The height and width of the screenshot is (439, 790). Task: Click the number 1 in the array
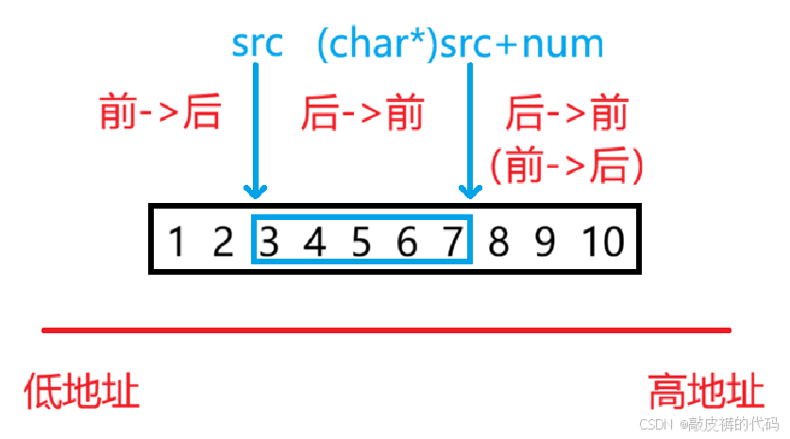coord(176,243)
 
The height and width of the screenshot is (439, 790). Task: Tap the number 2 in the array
coord(223,243)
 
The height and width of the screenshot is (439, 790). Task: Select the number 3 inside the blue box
coord(269,243)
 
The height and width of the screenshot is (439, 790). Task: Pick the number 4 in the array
coord(315,243)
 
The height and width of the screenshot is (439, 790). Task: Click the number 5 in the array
coord(361,243)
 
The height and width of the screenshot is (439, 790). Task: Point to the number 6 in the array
coord(408,243)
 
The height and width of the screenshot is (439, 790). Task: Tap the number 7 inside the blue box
coord(453,243)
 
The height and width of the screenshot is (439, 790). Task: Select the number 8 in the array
coord(499,243)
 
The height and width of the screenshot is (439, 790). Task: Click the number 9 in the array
coord(546,243)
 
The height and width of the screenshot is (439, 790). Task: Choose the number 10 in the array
coord(601,243)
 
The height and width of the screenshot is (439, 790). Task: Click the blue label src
coord(257,44)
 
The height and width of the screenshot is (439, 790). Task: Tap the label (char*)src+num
coord(460,44)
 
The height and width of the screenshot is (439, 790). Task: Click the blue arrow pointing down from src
coord(256,132)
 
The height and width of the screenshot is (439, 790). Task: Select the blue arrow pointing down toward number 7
coord(469,132)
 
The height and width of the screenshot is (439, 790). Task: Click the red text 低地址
coord(82,390)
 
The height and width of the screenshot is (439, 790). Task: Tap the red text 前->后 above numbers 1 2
coord(160,113)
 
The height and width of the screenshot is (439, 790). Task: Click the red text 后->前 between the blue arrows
coord(362,114)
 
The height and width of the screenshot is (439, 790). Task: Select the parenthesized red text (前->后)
coord(566,165)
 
